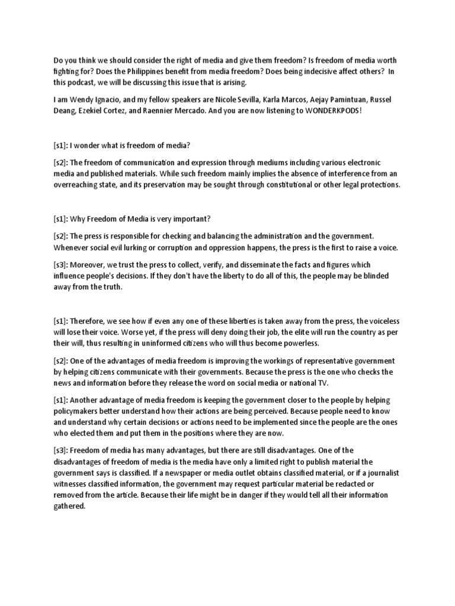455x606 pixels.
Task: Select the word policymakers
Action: (x=81, y=411)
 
